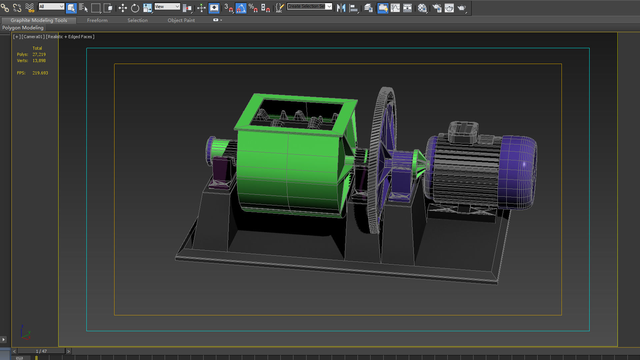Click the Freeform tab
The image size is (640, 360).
[97, 20]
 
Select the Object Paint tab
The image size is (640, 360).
[181, 20]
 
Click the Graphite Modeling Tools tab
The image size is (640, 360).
[39, 20]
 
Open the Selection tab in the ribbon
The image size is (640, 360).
[137, 20]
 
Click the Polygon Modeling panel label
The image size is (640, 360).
[23, 28]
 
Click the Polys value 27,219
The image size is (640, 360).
[39, 54]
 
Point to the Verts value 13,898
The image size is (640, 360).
[39, 61]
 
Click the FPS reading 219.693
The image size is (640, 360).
[40, 73]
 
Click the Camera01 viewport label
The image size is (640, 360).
[33, 37]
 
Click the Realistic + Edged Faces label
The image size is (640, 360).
[70, 37]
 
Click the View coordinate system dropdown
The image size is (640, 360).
[167, 7]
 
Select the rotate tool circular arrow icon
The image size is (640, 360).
[135, 8]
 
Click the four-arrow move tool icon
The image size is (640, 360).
[122, 8]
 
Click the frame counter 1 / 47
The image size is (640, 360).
[41, 351]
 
